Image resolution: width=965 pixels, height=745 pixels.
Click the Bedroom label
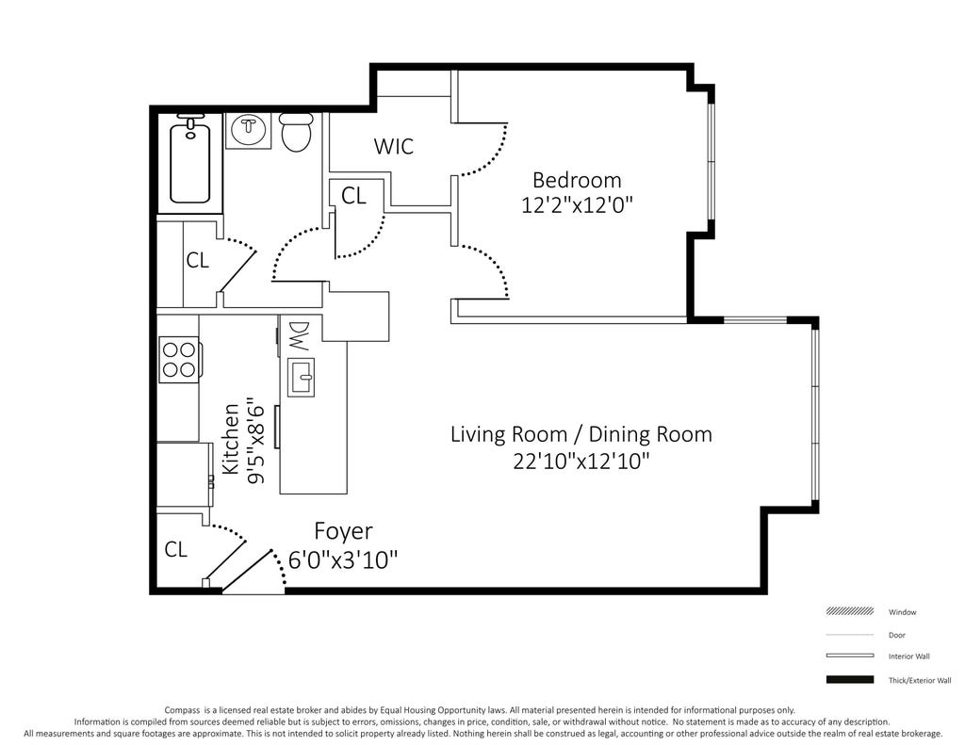(577, 180)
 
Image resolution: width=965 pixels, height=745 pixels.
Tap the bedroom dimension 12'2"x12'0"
(577, 205)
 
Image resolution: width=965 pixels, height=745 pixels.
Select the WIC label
(394, 146)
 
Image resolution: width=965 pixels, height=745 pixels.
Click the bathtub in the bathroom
(189, 161)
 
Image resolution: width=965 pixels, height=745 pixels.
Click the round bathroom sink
(248, 129)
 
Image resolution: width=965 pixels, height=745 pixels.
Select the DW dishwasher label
(299, 336)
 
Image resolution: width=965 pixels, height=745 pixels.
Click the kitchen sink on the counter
(301, 377)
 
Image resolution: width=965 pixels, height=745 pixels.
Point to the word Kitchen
(230, 439)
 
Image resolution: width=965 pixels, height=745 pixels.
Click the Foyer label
(343, 531)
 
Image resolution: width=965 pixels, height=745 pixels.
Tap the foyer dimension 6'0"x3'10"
(343, 559)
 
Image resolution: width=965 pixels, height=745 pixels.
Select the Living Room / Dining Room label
(581, 433)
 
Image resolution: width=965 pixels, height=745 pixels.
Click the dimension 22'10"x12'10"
(581, 461)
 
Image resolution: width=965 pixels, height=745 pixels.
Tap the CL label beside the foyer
(175, 549)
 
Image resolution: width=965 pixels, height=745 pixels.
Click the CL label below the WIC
(353, 196)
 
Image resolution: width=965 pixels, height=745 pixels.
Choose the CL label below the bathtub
(198, 260)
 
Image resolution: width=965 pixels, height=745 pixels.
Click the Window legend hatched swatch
(849, 611)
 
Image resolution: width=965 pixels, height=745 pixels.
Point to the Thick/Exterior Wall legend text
(920, 680)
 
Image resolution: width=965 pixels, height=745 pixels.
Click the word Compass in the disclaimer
(181, 710)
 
